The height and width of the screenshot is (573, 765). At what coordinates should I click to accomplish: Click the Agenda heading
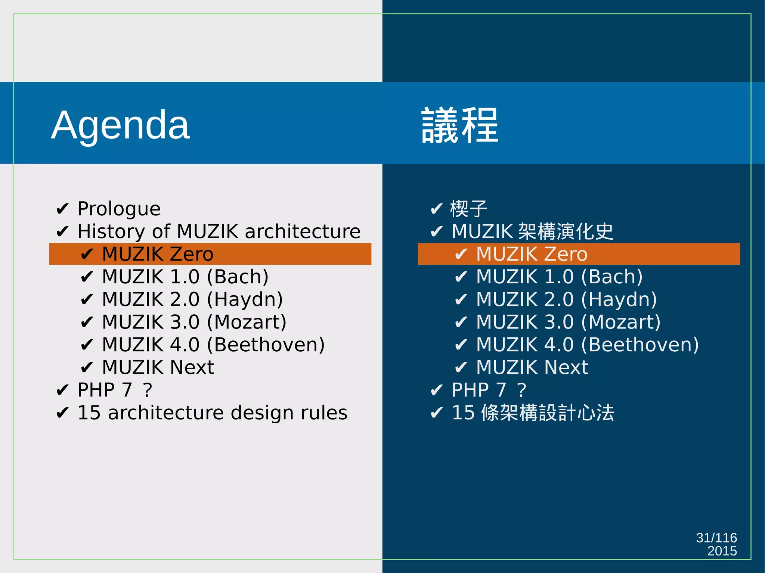click(x=120, y=125)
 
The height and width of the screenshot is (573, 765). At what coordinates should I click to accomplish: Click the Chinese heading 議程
click(x=460, y=125)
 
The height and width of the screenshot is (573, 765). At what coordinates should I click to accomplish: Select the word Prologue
click(x=119, y=209)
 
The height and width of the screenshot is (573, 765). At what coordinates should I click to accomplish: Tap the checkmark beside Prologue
click(x=62, y=209)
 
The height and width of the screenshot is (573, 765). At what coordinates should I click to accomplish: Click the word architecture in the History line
click(x=303, y=231)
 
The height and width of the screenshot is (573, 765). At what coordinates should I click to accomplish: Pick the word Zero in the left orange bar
click(x=192, y=254)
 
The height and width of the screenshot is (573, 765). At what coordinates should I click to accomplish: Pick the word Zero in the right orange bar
click(x=566, y=254)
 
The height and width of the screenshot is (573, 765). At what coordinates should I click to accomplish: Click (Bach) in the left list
click(x=238, y=277)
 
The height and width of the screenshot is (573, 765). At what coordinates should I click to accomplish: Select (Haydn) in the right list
click(x=619, y=300)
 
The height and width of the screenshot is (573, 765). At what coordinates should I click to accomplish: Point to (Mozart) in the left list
click(x=247, y=322)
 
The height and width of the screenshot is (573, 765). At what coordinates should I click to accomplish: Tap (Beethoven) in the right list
click(x=640, y=345)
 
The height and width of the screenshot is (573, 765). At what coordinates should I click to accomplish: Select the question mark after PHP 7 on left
click(x=148, y=390)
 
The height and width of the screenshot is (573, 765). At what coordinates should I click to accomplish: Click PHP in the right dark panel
click(x=470, y=390)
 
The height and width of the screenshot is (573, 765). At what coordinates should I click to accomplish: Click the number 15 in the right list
click(x=463, y=413)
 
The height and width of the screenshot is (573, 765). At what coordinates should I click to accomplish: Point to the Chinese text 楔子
click(x=469, y=209)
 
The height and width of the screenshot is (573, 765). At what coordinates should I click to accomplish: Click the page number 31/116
click(x=716, y=538)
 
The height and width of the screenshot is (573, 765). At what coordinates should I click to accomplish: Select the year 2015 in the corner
click(x=722, y=551)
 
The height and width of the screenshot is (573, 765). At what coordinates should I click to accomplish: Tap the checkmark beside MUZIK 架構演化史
click(x=436, y=232)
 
